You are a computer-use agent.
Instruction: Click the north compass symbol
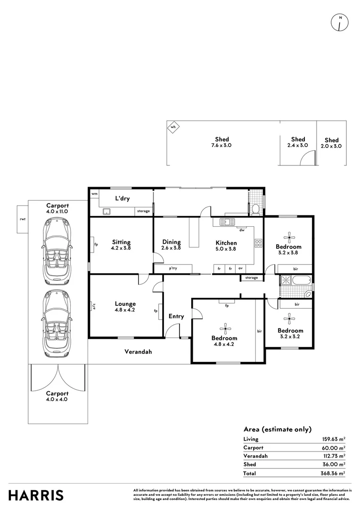[x=340, y=23]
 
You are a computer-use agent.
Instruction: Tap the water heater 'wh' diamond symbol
[x=173, y=127]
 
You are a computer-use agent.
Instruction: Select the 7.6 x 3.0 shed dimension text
[x=221, y=146]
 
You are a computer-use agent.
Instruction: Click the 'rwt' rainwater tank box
[x=23, y=219]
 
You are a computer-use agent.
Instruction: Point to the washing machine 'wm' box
[x=94, y=194]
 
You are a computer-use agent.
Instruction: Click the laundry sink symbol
[x=106, y=212]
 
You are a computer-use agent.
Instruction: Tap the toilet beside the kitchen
[x=255, y=209]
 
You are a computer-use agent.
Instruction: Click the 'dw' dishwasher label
[x=242, y=230]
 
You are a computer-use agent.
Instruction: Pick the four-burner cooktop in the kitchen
[x=258, y=243]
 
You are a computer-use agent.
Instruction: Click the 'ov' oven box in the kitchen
[x=240, y=269]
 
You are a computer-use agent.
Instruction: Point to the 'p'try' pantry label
[x=173, y=269]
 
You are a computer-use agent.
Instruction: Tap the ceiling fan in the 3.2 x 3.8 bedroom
[x=288, y=237]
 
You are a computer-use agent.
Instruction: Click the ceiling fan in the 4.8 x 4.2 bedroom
[x=225, y=328]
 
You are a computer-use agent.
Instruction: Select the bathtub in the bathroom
[x=302, y=281]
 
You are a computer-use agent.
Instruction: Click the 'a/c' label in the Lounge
[x=94, y=306]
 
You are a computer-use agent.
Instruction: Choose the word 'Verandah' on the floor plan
[x=138, y=352]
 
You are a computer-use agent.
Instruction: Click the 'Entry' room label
[x=176, y=316]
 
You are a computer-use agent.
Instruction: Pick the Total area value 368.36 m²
[x=333, y=473]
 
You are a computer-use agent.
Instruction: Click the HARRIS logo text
[x=36, y=496]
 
